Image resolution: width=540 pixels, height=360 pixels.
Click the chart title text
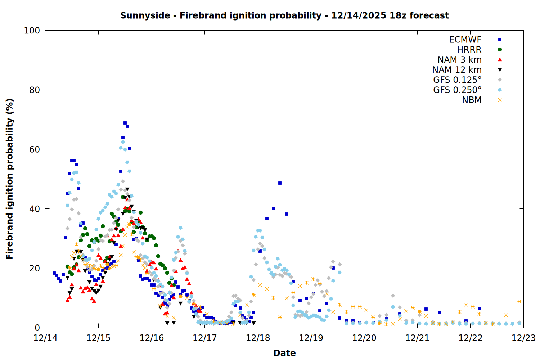[x=284, y=15]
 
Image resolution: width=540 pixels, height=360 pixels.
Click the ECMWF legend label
[x=465, y=40]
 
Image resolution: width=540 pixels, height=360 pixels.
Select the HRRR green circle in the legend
[x=500, y=50]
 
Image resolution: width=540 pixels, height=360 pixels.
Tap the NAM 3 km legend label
[x=459, y=60]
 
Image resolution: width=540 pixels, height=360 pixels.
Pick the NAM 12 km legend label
[x=457, y=70]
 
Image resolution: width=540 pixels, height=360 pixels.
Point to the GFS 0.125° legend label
[x=457, y=80]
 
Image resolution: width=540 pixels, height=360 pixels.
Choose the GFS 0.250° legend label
[x=457, y=90]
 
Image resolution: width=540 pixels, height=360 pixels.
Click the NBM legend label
[x=472, y=100]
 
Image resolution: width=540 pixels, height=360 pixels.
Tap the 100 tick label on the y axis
[x=32, y=31]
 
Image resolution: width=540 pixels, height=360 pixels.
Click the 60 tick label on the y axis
[x=34, y=149]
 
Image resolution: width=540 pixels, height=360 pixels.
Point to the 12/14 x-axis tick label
[x=45, y=338]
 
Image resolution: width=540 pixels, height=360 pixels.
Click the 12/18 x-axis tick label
[x=258, y=338]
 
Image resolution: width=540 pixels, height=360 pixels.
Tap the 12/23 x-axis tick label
[x=523, y=338]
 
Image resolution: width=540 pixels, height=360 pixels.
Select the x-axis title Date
[x=284, y=353]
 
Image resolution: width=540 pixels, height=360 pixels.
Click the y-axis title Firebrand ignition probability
[x=10, y=179]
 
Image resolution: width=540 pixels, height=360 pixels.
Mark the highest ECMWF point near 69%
[x=125, y=123]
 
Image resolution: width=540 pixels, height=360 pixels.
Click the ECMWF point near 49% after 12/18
[x=280, y=183]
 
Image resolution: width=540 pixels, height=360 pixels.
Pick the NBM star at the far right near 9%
[x=519, y=301]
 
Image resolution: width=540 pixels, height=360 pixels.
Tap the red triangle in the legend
[x=500, y=60]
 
